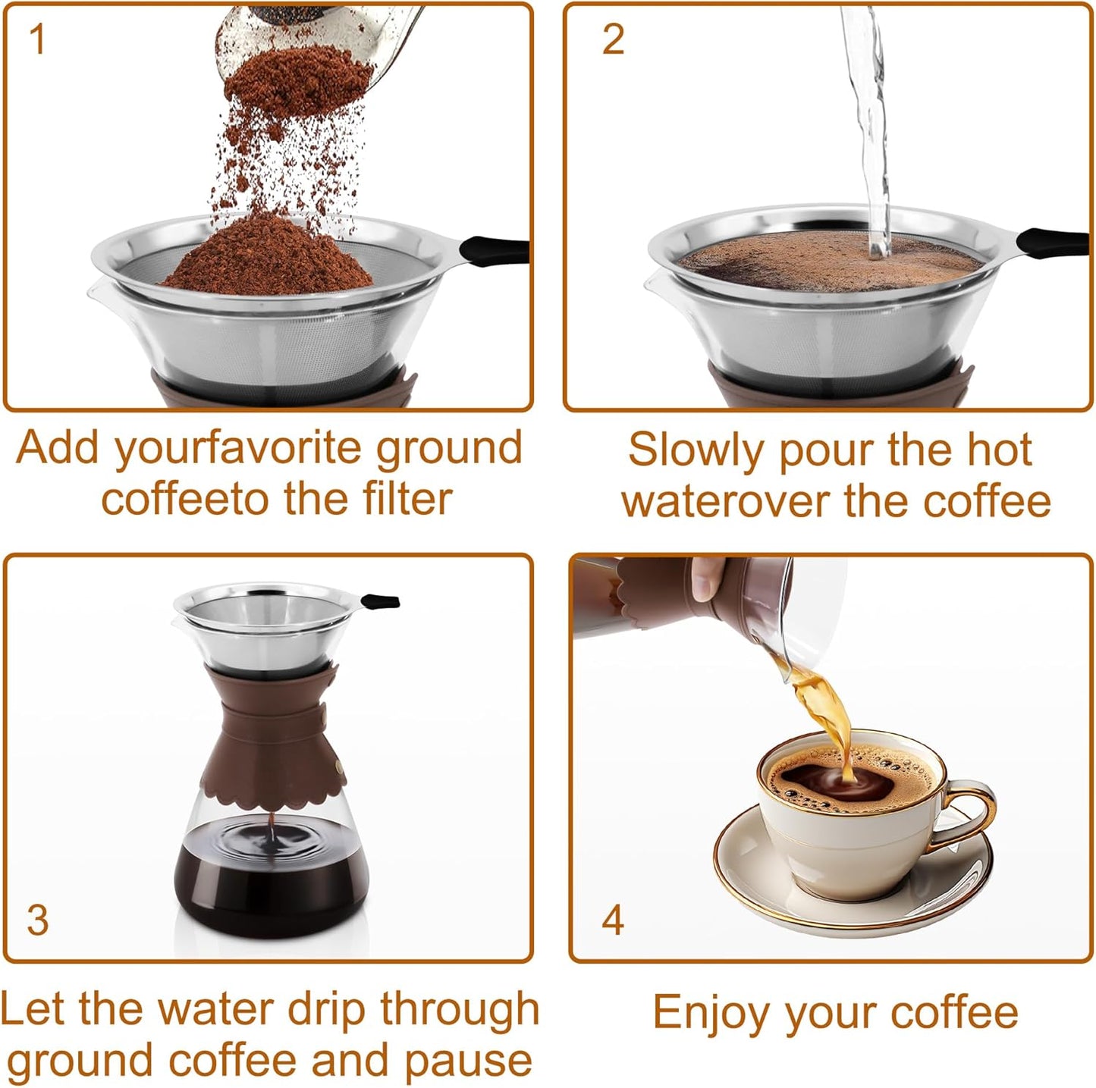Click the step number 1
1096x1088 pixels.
tap(36, 39)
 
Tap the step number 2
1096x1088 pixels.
tap(613, 39)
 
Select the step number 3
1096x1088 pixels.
tap(37, 919)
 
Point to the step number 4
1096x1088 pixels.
tap(613, 919)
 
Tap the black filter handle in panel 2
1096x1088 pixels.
tap(1054, 243)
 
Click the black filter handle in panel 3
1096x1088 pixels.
tap(381, 602)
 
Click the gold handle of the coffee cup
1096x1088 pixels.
tap(967, 815)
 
